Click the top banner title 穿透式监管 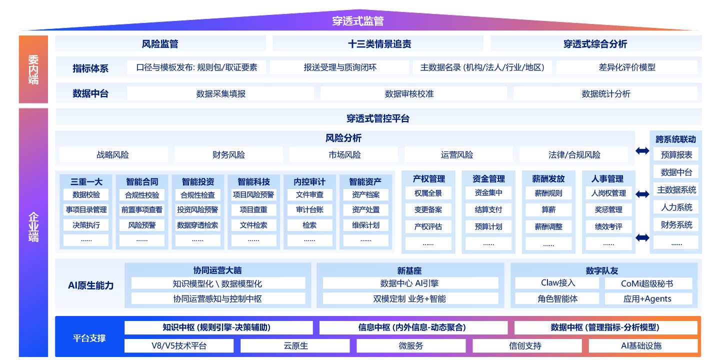point(358,21)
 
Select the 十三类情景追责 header point(379,44)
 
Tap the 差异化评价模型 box point(626,67)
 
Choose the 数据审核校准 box point(413,93)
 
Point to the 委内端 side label point(33,69)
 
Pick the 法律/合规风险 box point(574,155)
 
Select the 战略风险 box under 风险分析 point(112,155)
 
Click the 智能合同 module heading point(142,181)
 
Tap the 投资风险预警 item point(197,210)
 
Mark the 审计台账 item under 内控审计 point(309,210)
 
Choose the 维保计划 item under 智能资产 point(365,225)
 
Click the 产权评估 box point(428,226)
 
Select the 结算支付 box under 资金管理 point(488,210)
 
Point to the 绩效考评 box point(608,226)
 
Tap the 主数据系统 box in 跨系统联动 point(676,190)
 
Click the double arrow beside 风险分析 point(642,150)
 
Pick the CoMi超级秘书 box point(648,283)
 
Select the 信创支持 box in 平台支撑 point(525,345)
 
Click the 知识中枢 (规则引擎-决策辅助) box point(218,327)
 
